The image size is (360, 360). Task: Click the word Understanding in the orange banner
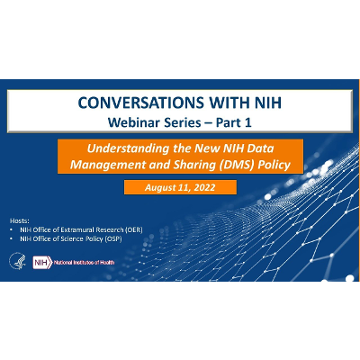[x=148, y=148]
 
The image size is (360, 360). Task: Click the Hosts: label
[x=19, y=220]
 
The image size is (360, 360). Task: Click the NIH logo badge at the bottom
[x=41, y=262]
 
